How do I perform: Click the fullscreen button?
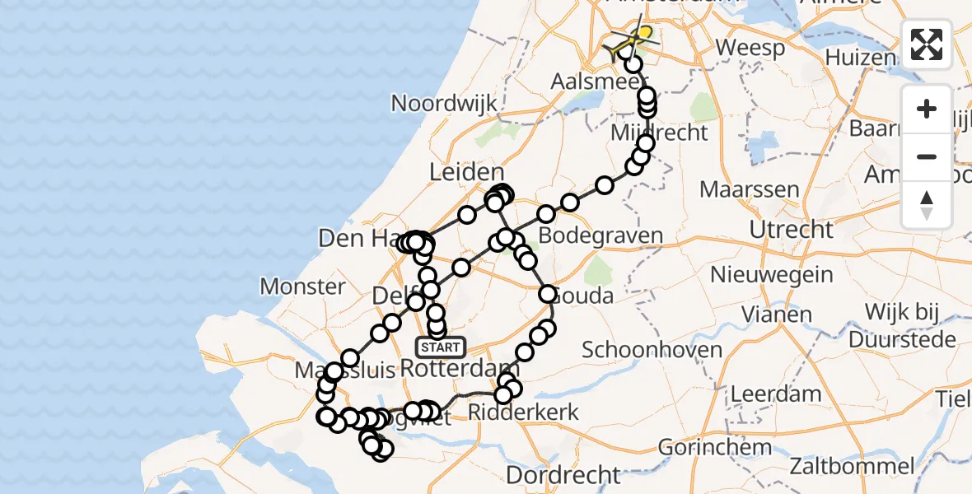pyautogui.click(x=927, y=44)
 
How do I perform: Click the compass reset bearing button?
pyautogui.click(x=927, y=205)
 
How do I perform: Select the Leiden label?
pyautogui.click(x=466, y=173)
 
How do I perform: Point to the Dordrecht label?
pyautogui.click(x=563, y=475)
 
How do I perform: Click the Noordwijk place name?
pyautogui.click(x=445, y=104)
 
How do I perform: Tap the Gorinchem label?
pyautogui.click(x=715, y=448)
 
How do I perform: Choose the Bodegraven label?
pyautogui.click(x=611, y=236)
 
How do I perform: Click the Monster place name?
pyautogui.click(x=302, y=287)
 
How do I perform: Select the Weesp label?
pyautogui.click(x=750, y=48)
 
